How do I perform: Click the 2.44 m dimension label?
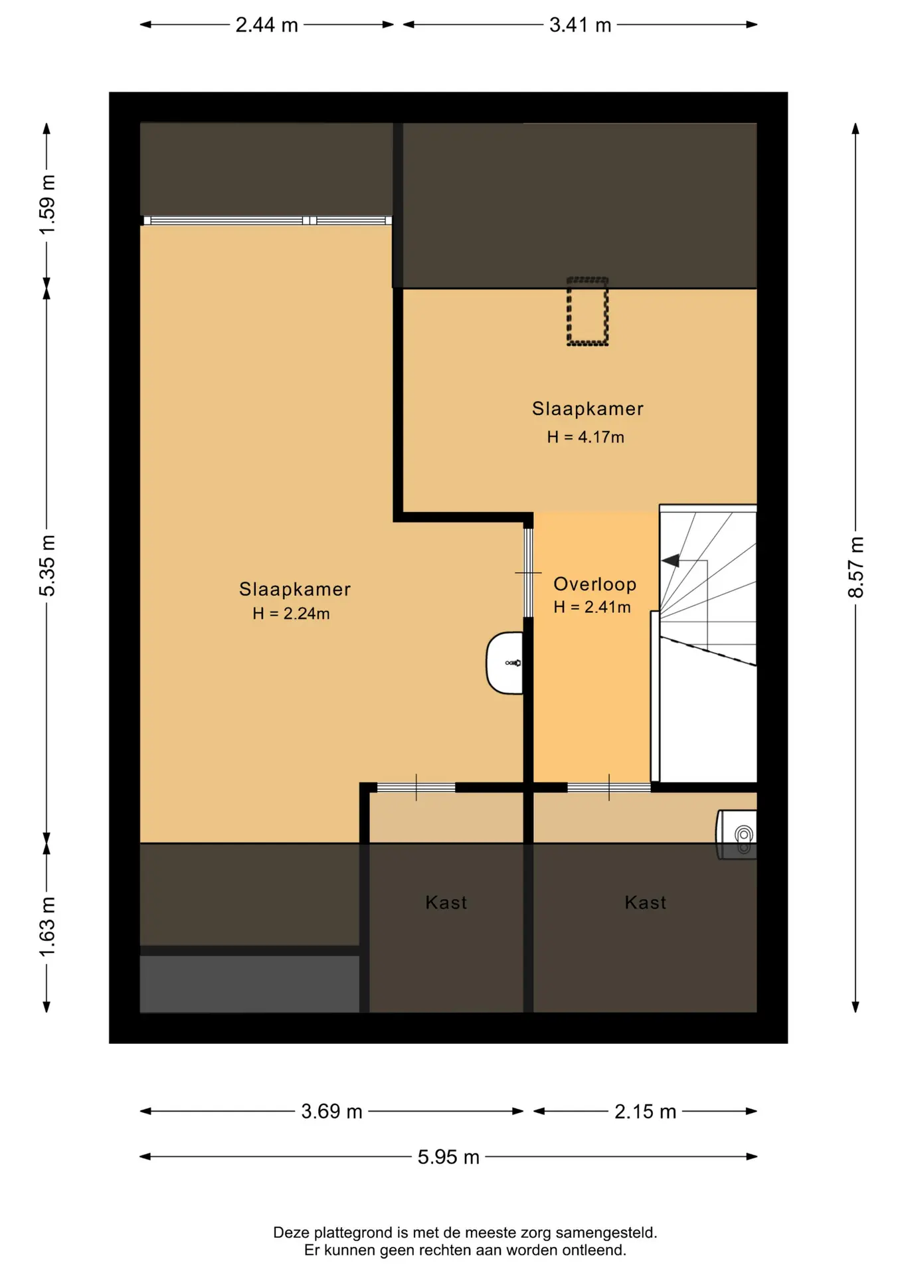click(266, 25)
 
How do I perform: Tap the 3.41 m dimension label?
click(580, 25)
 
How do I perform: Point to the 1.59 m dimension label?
click(47, 205)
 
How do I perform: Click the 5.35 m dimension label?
click(47, 566)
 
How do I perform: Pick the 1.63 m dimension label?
click(47, 927)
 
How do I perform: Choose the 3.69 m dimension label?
click(331, 1111)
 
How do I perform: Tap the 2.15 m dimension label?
click(645, 1111)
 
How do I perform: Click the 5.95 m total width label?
click(448, 1157)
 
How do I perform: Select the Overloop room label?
click(595, 584)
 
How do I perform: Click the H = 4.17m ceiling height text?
click(586, 437)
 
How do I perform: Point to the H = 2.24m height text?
click(291, 614)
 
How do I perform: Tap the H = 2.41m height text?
click(592, 607)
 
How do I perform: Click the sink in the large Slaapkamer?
click(505, 663)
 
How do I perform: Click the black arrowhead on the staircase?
click(670, 561)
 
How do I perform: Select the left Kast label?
click(446, 902)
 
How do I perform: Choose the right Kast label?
click(646, 902)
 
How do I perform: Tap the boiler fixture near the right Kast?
click(737, 835)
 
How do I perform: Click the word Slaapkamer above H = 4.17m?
click(588, 408)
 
